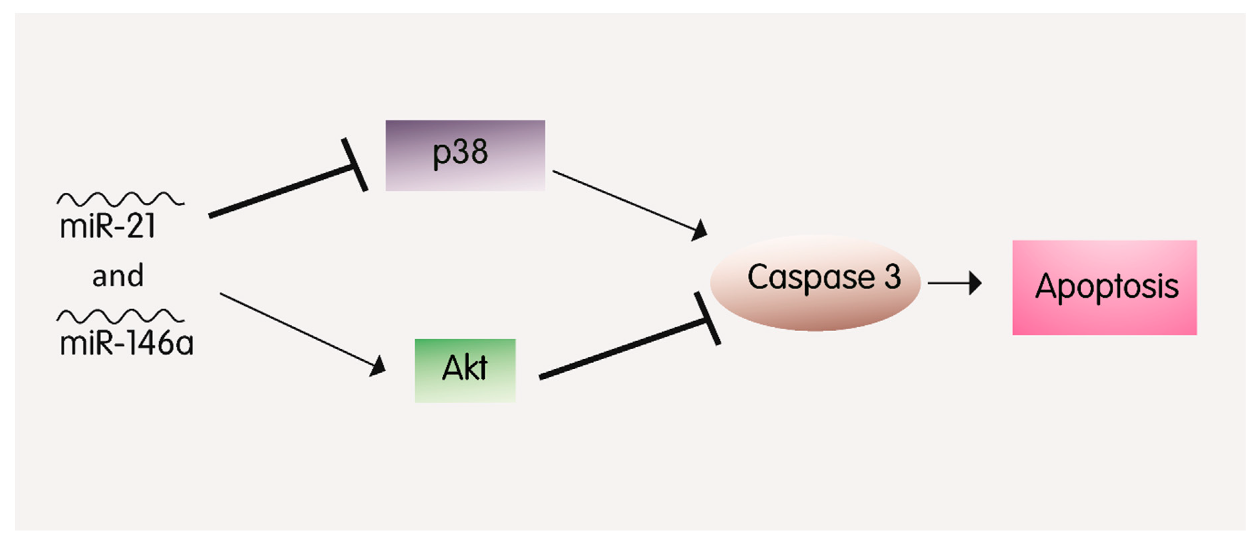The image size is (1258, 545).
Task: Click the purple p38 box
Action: (x=465, y=155)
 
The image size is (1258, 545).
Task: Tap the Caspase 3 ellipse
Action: (x=815, y=283)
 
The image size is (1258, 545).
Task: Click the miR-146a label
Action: (x=126, y=343)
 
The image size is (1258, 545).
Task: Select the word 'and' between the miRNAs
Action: (x=118, y=276)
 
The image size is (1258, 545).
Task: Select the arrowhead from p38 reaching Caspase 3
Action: (x=699, y=230)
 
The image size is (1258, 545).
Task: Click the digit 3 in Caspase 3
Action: (x=892, y=277)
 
